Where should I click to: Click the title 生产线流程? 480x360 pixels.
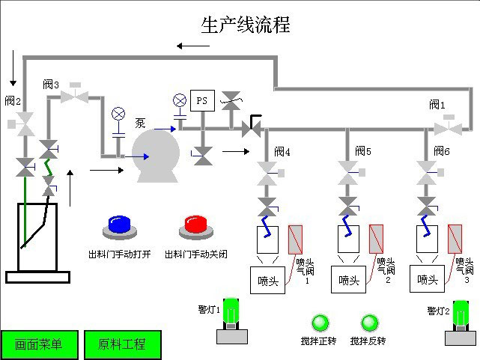245,25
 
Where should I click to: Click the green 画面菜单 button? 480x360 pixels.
38,344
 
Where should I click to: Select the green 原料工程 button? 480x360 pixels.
121,344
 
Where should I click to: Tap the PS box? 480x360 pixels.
201,100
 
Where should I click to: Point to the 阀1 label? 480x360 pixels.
438,104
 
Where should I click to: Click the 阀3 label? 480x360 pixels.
51,85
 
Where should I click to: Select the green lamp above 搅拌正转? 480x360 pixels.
320,323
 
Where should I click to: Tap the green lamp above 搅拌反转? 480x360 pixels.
369,323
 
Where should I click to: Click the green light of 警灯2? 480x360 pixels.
461,311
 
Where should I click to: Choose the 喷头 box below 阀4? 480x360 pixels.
268,281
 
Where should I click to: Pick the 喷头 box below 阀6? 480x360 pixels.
428,281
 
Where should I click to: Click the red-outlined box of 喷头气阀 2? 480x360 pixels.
376,240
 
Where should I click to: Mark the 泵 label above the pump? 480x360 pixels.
140,122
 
